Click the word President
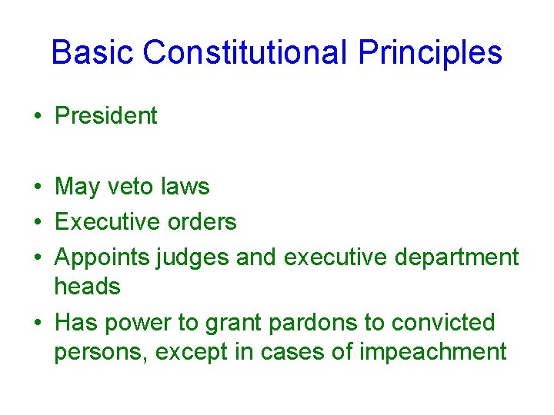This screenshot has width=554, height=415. tap(106, 116)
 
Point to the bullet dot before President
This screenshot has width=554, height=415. tap(38, 117)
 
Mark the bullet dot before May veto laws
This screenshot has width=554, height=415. tap(38, 188)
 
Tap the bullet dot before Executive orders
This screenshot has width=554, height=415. tap(38, 223)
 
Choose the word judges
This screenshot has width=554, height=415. tap(192, 257)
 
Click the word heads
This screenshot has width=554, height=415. tap(87, 287)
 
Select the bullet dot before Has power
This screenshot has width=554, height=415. tap(38, 323)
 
